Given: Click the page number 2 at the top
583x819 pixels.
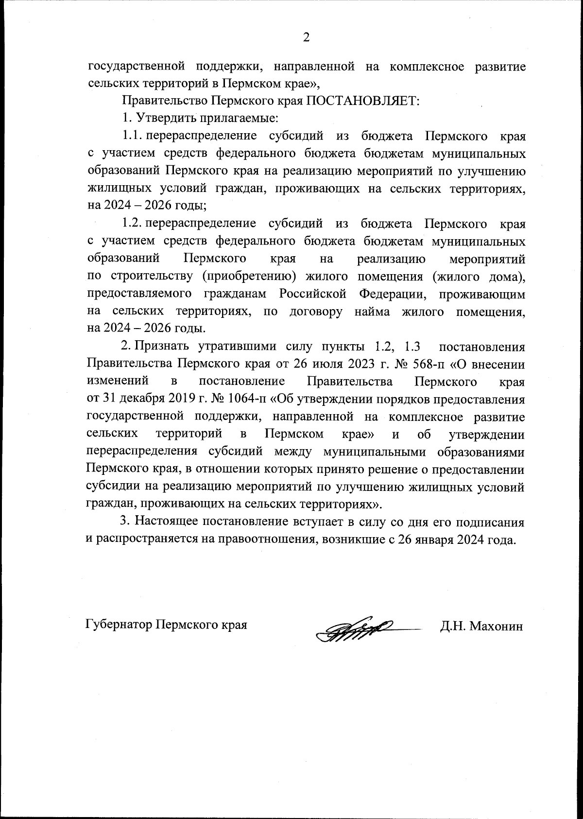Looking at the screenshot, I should pos(306,37).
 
